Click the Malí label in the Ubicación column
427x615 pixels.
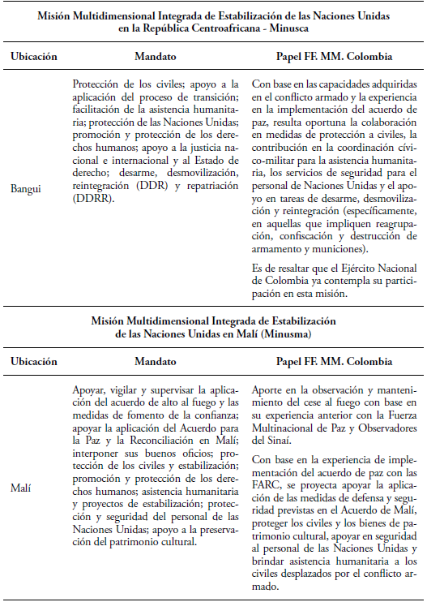pyautogui.click(x=21, y=488)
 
